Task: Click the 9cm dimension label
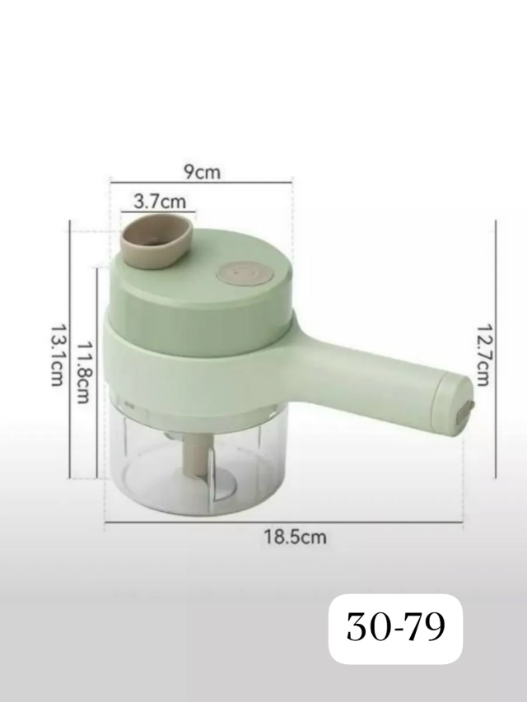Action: [203, 172]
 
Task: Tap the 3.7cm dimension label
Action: [160, 202]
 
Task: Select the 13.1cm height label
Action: [57, 355]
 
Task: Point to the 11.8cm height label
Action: [84, 373]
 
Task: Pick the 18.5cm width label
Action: [295, 537]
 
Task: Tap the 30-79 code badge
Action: [396, 628]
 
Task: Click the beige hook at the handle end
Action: [466, 411]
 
